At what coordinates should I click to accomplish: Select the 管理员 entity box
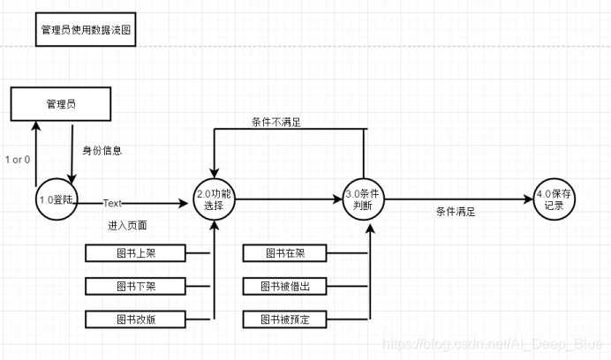(61, 104)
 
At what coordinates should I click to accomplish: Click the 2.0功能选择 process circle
(215, 199)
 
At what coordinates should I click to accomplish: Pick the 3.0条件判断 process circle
(366, 200)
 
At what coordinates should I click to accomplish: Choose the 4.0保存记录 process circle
(554, 199)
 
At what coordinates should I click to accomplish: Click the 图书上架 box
(135, 254)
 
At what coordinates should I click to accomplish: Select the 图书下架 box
(135, 286)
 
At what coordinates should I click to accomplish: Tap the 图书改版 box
(135, 318)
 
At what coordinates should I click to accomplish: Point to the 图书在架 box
(288, 254)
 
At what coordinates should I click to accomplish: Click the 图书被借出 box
(288, 286)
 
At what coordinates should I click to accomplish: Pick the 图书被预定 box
(288, 318)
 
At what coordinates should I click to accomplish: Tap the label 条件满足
(456, 213)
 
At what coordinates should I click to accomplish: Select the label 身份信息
(102, 151)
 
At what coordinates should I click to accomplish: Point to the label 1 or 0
(18, 160)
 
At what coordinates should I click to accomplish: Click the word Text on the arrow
(112, 203)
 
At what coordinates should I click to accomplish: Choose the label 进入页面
(124, 226)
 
